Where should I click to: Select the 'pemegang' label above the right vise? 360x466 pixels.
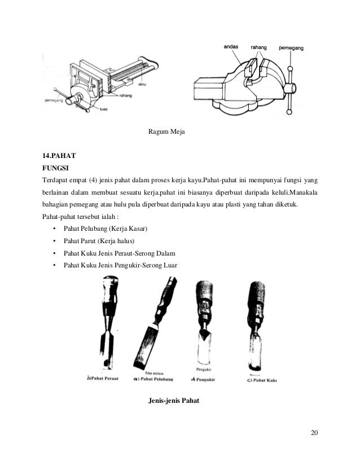(x=291, y=49)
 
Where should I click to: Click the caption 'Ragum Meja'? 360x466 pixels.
(x=166, y=132)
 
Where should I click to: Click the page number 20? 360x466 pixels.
(x=314, y=433)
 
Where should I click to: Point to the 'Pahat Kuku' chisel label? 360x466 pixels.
(x=262, y=380)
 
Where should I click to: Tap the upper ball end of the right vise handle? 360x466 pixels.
(x=291, y=69)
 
